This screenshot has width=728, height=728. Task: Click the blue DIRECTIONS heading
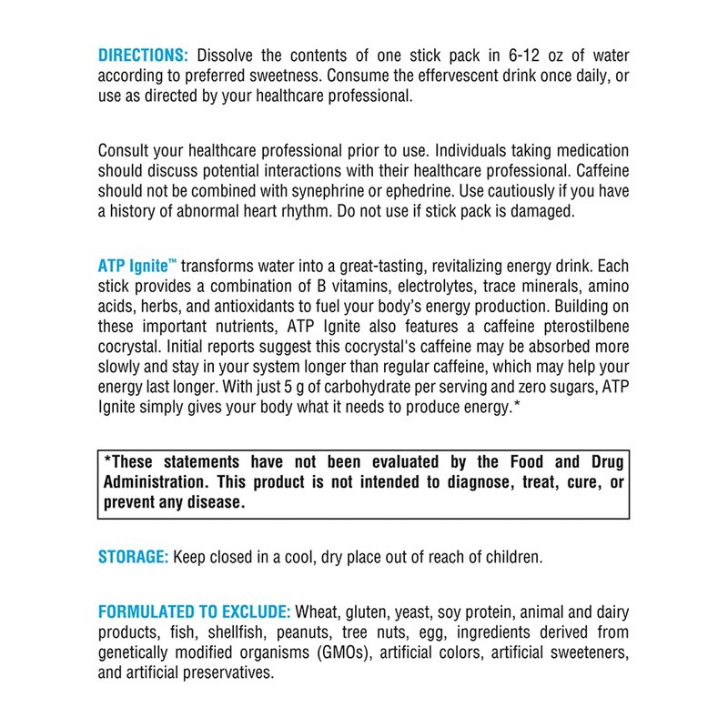click(143, 55)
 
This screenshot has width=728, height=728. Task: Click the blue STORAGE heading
click(133, 557)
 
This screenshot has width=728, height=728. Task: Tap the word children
click(512, 557)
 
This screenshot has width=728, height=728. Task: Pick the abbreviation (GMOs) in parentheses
click(335, 652)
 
